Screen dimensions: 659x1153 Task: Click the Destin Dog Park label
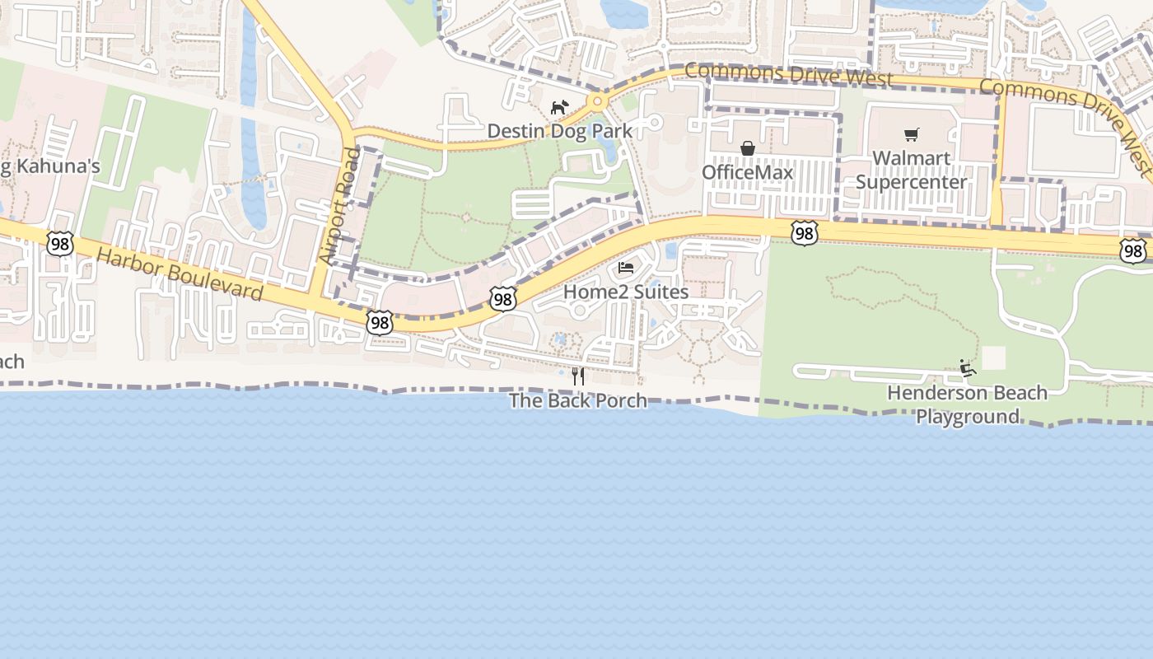point(560,131)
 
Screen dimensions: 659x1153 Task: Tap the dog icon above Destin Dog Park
point(559,107)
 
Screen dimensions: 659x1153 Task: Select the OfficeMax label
point(747,172)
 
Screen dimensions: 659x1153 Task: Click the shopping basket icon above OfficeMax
point(748,148)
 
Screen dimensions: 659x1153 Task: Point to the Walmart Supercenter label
point(911,170)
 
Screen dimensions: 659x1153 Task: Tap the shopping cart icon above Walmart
point(911,134)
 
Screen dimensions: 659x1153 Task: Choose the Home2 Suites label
point(626,292)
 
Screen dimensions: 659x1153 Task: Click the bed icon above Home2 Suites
point(626,268)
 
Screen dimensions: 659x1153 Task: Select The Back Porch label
point(577,401)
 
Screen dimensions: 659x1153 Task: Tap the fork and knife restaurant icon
point(578,376)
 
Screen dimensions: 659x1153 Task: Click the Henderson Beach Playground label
point(967,404)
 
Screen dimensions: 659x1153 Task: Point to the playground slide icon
point(968,368)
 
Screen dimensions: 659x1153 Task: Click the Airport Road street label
point(339,206)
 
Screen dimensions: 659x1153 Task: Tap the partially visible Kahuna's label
point(49,166)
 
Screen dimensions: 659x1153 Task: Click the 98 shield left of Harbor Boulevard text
point(60,244)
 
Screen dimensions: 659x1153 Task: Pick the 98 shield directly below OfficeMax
point(805,234)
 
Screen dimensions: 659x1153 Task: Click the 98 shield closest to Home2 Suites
point(503,298)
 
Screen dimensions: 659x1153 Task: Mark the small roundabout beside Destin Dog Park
point(597,101)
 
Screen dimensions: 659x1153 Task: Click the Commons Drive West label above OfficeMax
point(788,76)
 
